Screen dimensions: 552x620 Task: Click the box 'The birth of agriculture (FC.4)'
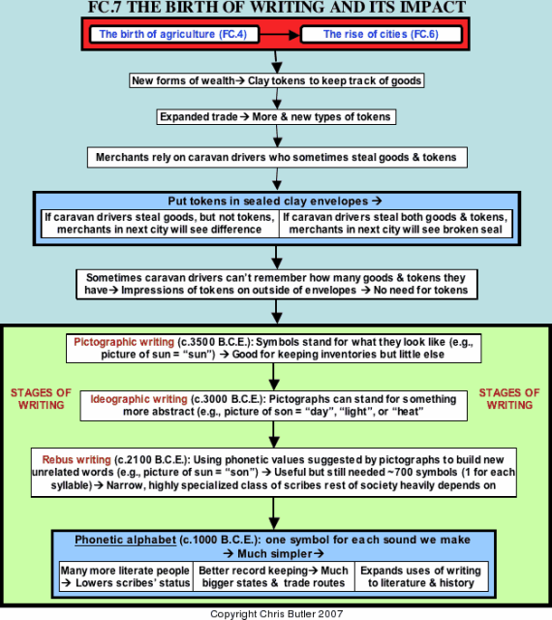[x=174, y=35]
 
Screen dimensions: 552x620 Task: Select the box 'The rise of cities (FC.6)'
[x=382, y=35]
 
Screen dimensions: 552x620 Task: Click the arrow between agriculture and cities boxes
[x=280, y=35]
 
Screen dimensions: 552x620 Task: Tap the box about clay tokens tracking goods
[x=276, y=80]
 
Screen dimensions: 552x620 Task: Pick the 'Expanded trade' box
[x=276, y=117]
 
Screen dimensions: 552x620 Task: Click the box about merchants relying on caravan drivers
[x=277, y=157]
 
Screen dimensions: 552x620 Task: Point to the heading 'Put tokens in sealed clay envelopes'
[x=275, y=201]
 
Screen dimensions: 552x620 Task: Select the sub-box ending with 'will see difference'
[x=160, y=224]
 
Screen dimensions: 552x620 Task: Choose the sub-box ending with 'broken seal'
[x=395, y=224]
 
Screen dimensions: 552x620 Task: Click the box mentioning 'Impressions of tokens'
[x=276, y=284]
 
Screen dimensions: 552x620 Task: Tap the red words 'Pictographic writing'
[x=124, y=342]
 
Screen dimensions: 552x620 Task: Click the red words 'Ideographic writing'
[x=138, y=399]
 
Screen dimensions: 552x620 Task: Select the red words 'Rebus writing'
[x=77, y=460]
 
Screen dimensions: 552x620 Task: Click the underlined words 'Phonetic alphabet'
[x=125, y=541]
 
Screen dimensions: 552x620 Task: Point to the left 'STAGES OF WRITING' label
[x=41, y=399]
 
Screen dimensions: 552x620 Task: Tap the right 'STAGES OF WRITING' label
[x=509, y=399]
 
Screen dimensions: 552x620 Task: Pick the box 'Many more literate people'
[x=126, y=576]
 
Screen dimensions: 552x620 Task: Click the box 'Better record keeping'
[x=274, y=576]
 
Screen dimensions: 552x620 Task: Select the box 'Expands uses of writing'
[x=421, y=576]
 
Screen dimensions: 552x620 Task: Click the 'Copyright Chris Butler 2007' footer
[x=276, y=614]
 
